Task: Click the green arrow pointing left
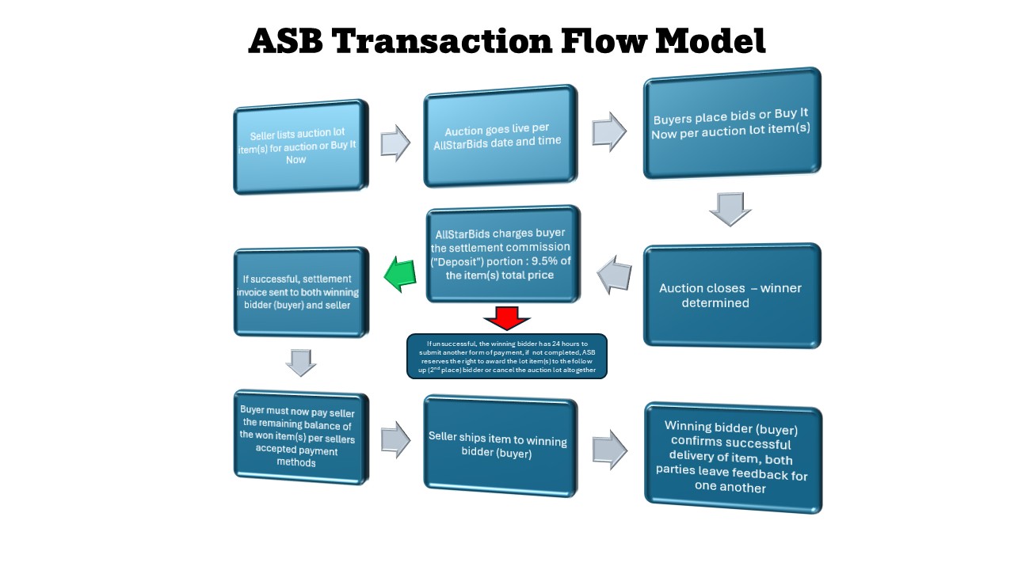[401, 275]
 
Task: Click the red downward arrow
[507, 317]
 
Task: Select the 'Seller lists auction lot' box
[301, 146]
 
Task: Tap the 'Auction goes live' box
[501, 135]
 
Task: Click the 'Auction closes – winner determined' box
[731, 295]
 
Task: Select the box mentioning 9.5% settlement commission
[514, 254]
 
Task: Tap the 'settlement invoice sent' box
[301, 292]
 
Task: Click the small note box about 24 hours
[507, 356]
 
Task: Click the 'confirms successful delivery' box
[733, 457]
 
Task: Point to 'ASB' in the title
[286, 41]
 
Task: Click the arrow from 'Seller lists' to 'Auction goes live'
[395, 142]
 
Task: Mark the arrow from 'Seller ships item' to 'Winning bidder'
[609, 449]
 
